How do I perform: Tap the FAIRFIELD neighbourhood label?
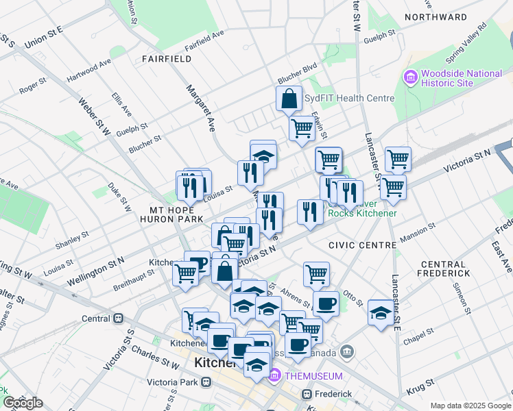coord(167,59)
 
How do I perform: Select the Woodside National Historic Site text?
coord(457,78)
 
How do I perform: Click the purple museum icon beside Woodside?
coord(410,77)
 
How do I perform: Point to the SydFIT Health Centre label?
coord(349,98)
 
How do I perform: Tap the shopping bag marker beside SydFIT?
coord(289,99)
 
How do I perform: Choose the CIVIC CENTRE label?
coord(362,245)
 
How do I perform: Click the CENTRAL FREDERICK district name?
coord(445,269)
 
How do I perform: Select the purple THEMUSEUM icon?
coord(275,375)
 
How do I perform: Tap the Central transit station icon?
coord(119,319)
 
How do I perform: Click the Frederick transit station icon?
coord(307,394)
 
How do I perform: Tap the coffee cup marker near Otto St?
coord(326,303)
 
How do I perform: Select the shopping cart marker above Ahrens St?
coord(316,274)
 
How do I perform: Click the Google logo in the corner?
coord(23,403)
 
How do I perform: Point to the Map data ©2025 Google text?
coord(470,406)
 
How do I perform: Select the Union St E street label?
coord(43,38)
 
